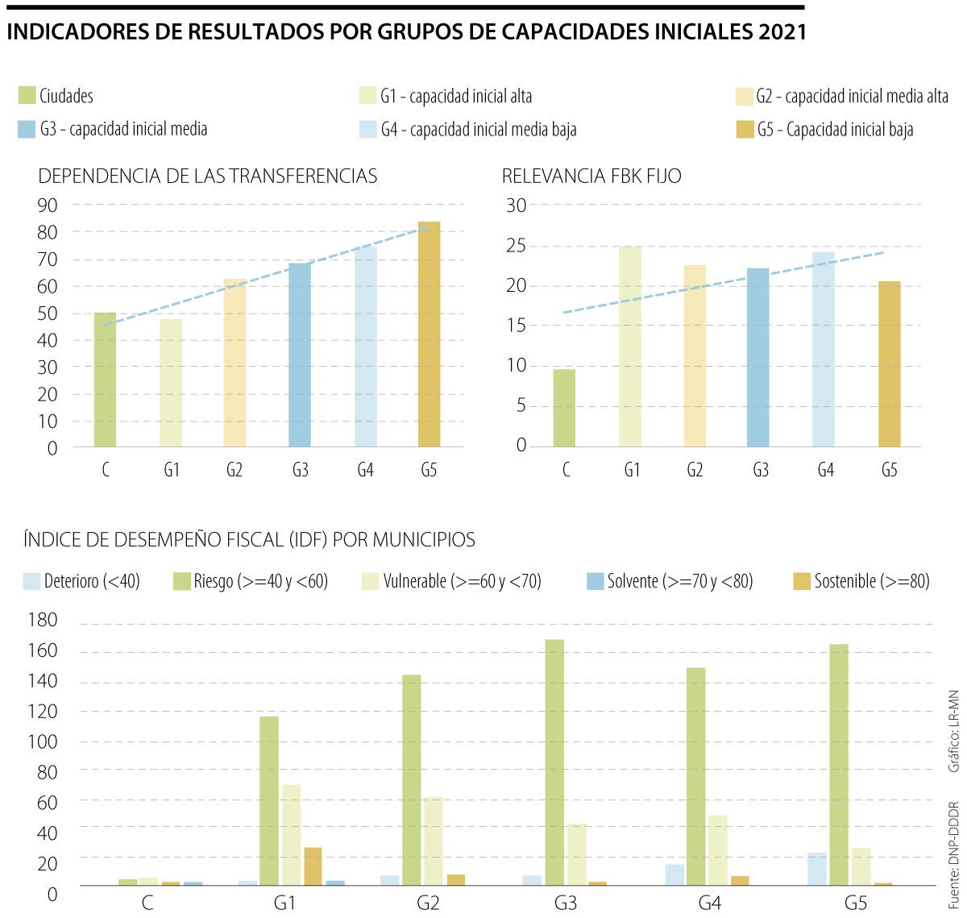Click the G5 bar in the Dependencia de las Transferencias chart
[429, 334]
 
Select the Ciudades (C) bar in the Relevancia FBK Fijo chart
[564, 408]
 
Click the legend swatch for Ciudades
[27, 96]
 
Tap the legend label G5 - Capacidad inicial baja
[834, 130]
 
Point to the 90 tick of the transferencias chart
[48, 206]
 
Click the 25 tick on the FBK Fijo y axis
[516, 246]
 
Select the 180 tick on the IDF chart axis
[43, 621]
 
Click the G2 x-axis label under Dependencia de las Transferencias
[234, 470]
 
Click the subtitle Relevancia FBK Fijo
[591, 176]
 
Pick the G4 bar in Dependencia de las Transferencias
[365, 347]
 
